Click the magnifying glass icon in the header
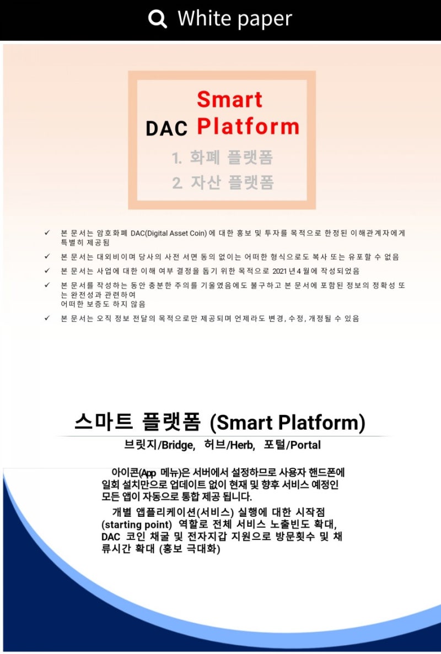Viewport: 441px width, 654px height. click(158, 19)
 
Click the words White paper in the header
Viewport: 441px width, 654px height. click(235, 19)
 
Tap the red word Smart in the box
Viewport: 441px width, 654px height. click(229, 100)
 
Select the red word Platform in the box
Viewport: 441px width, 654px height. click(248, 126)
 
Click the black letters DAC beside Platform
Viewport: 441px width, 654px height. click(166, 128)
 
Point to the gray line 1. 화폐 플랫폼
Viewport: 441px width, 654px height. click(222, 158)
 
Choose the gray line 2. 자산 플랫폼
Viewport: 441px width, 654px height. click(223, 182)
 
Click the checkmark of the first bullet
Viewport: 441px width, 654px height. click(47, 233)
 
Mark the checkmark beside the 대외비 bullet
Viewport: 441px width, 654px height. click(47, 257)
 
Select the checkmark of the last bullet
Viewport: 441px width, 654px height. click(47, 318)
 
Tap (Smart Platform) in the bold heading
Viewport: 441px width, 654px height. click(288, 423)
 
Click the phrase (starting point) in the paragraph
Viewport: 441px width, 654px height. click(137, 524)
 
